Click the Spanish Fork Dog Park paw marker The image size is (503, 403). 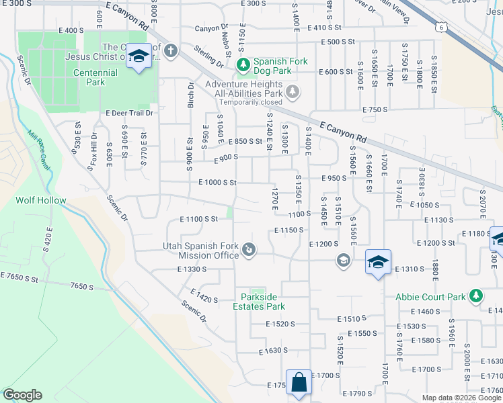pyautogui.click(x=243, y=66)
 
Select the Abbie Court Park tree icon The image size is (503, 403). pyautogui.click(x=476, y=296)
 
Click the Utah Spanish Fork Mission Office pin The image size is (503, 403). pyautogui.click(x=249, y=251)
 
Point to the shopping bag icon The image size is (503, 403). pyautogui.click(x=299, y=384)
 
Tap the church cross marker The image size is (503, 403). pyautogui.click(x=171, y=50)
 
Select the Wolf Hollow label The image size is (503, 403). pyautogui.click(x=41, y=200)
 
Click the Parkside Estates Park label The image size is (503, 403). pyautogui.click(x=264, y=301)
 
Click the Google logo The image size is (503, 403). pyautogui.click(x=22, y=395)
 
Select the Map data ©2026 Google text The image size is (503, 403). pyautogui.click(x=461, y=398)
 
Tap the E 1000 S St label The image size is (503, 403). pyautogui.click(x=217, y=182)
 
